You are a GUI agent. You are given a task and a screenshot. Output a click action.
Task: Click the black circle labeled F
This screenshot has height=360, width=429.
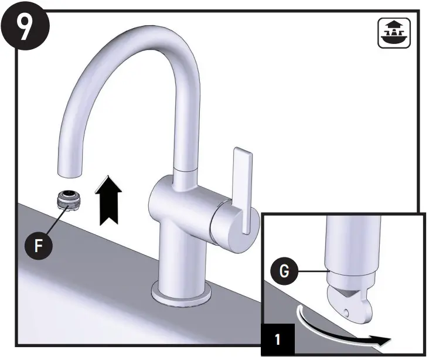[38, 244]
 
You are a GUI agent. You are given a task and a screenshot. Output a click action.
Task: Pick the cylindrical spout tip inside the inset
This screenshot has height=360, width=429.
[349, 246]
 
